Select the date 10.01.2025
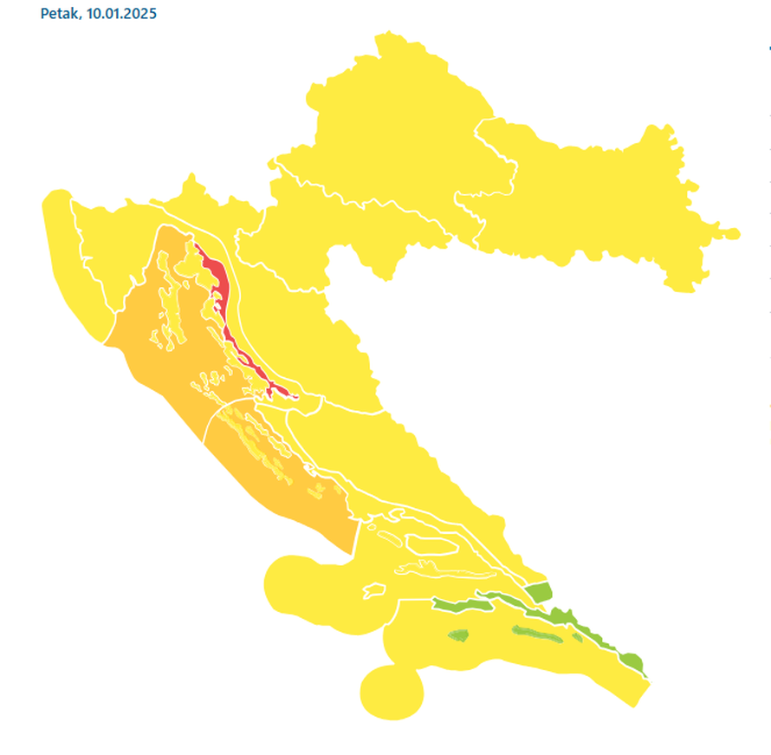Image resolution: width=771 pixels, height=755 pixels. [x=121, y=15]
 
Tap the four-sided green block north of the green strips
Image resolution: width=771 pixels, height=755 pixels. [x=539, y=593]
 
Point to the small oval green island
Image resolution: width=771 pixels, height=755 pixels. [x=457, y=635]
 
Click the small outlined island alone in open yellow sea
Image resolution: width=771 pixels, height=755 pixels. [x=373, y=590]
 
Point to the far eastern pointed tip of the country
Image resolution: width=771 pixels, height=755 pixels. [x=737, y=233]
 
